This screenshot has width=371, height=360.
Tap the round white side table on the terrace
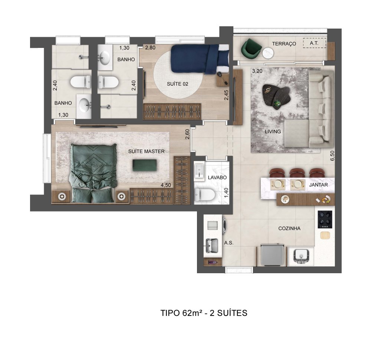click(x=268, y=53)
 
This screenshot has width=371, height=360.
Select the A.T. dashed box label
click(x=314, y=43)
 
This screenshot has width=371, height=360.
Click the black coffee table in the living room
click(x=277, y=96)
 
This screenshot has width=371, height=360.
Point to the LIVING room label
click(x=273, y=131)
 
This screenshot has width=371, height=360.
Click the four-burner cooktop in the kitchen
click(x=325, y=219)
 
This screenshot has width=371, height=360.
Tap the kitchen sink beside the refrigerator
click(x=301, y=257)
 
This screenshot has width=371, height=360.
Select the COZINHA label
click(x=289, y=228)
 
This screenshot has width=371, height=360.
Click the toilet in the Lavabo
click(x=204, y=194)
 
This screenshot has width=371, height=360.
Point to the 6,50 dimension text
click(x=332, y=156)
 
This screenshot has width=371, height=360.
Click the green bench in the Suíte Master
click(x=145, y=165)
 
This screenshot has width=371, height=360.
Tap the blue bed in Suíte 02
click(x=200, y=59)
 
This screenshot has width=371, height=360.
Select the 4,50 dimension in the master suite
click(x=165, y=185)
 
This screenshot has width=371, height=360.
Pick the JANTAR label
click(x=318, y=185)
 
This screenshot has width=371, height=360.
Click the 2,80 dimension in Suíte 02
click(x=150, y=48)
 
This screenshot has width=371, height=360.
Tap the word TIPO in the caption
click(x=170, y=313)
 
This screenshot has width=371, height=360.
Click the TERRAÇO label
click(x=284, y=44)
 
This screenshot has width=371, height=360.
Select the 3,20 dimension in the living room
click(x=257, y=71)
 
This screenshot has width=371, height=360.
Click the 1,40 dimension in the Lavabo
click(x=226, y=193)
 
